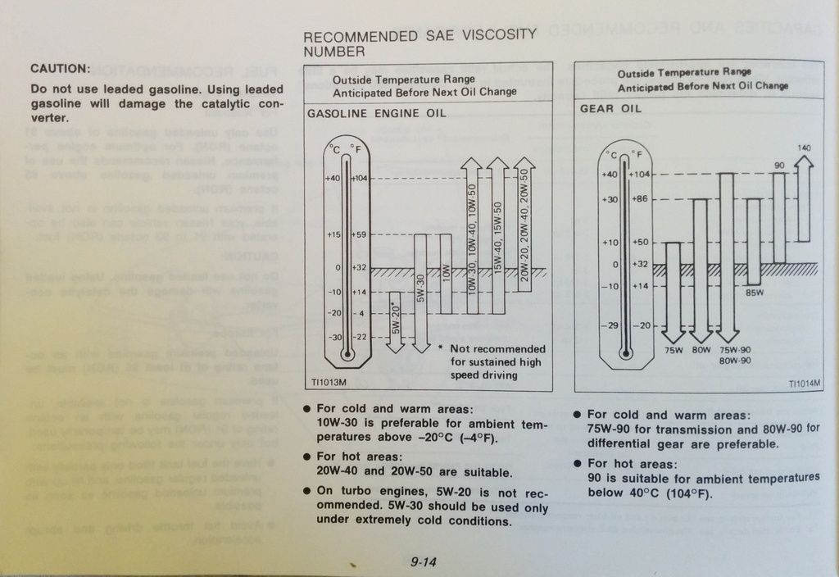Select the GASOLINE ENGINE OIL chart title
376,114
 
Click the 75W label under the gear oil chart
673,350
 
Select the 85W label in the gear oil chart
754,292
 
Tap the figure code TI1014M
805,383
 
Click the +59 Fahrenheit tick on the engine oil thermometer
360,235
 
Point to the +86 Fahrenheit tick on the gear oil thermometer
638,199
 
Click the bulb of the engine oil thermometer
347,355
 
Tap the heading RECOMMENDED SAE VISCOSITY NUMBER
419,43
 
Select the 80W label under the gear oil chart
701,350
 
